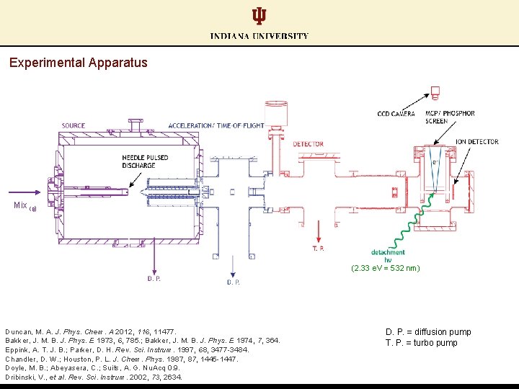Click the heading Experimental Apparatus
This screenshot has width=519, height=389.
point(79,63)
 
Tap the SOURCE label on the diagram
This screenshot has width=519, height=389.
point(73,126)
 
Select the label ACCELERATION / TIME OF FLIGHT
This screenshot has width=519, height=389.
point(216,126)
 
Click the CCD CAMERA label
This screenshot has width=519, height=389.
point(396,114)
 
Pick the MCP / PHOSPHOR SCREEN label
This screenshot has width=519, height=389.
point(450,117)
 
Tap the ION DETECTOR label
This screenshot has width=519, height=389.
point(476,142)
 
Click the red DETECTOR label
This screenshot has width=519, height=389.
point(308,145)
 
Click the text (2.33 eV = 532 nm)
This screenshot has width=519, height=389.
point(386,268)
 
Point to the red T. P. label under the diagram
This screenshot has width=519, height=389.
point(318,249)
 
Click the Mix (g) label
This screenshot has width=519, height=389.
point(25,206)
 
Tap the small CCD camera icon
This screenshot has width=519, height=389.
point(435,92)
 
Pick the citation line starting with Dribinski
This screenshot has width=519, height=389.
point(94,377)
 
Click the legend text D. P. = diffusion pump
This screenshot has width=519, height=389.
point(428,332)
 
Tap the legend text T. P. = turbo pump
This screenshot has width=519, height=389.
point(421,343)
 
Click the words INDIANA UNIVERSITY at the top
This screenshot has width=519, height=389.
point(259,36)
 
